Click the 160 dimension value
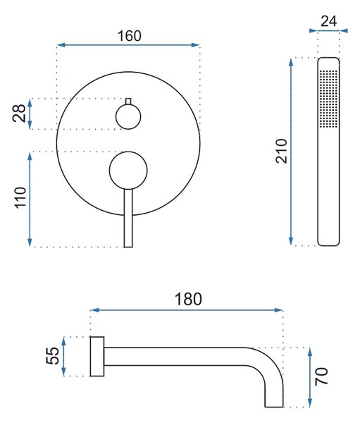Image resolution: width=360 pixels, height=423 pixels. (x=130, y=36)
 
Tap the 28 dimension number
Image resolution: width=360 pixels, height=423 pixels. (x=19, y=114)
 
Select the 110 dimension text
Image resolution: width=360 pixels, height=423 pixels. (x=20, y=197)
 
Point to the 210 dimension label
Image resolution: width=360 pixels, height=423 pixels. (x=282, y=151)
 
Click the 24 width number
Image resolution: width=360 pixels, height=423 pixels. (x=329, y=21)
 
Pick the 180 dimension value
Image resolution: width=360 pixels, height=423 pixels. (x=188, y=299)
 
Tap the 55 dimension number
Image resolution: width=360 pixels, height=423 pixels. (x=53, y=356)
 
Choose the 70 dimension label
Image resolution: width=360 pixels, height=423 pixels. (x=321, y=376)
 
